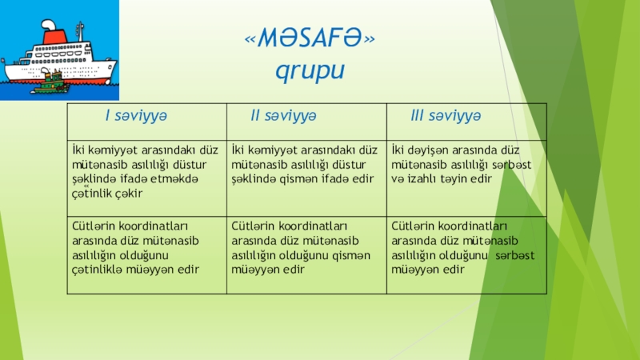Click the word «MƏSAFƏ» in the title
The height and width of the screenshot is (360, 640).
tap(310, 38)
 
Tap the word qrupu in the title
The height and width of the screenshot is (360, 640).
tap(310, 70)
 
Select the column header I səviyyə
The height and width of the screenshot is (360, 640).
tap(136, 115)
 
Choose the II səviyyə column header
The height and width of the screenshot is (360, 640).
tap(283, 115)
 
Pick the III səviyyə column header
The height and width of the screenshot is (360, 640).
tap(446, 115)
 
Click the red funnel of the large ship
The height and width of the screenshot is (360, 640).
tap(55, 36)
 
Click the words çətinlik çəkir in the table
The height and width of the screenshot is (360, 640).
tap(107, 193)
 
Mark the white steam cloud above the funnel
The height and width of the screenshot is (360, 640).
tap(48, 25)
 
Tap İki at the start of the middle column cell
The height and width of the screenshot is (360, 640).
tap(238, 150)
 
